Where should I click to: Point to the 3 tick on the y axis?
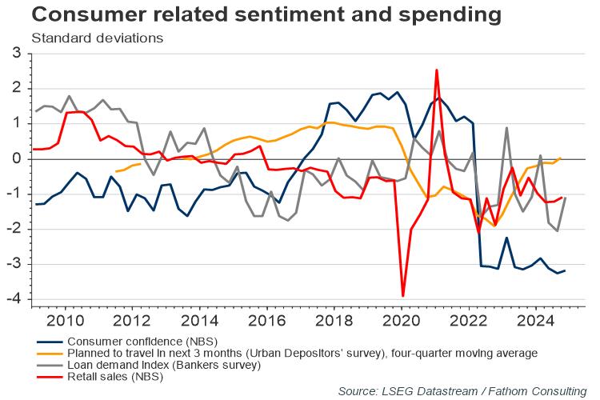coord(15,54)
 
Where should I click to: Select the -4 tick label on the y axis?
coord(13,300)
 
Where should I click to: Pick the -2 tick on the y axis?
coord(13,230)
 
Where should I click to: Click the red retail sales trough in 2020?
coord(402,296)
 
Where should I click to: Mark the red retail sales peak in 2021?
coord(436,70)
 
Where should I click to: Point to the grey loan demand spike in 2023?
coord(506,128)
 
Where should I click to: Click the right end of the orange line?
coord(560,158)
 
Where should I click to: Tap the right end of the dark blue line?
coord(566,270)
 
